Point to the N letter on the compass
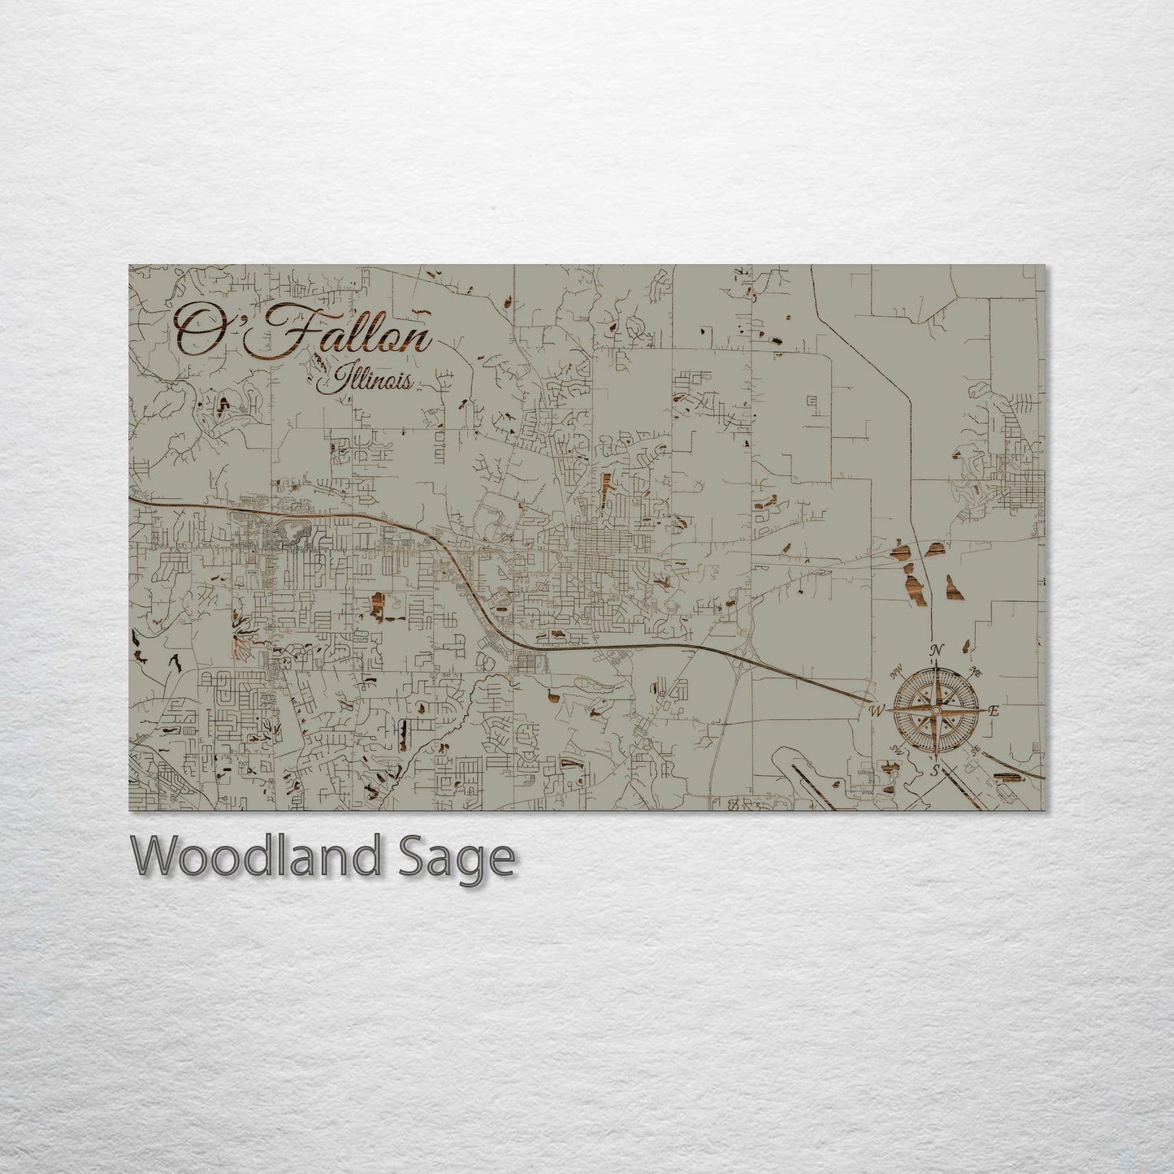tap(936, 650)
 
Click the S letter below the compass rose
tap(936, 769)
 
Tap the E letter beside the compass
tap(994, 711)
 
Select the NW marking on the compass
tap(897, 671)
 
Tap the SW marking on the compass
tap(897, 749)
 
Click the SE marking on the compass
tap(975, 750)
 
